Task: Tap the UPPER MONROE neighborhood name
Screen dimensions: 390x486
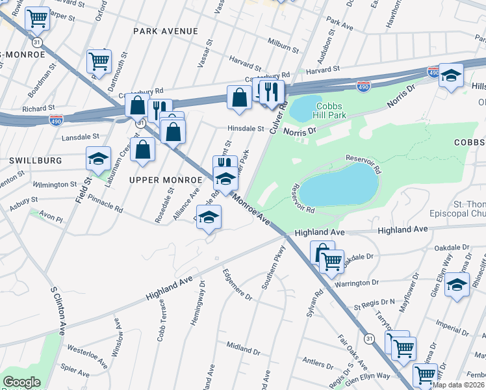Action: pos(166,179)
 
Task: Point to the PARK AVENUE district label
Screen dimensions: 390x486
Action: pos(165,31)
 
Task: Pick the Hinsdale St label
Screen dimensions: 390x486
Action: pos(245,129)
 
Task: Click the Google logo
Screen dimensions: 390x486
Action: pos(21,382)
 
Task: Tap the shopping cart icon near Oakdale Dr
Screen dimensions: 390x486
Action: pos(332,261)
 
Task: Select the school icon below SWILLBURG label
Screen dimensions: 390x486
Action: pos(99,159)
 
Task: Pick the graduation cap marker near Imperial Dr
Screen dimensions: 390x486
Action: pos(457,284)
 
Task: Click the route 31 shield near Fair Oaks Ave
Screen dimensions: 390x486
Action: pos(369,338)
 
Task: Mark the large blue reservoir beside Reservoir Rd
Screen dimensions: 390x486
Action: pos(339,184)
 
